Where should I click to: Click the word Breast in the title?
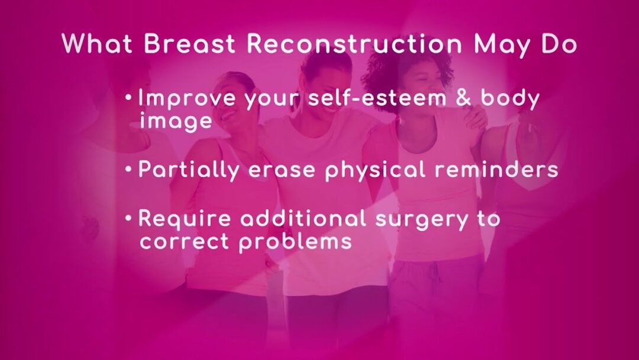(x=189, y=43)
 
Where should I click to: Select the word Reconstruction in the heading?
(x=354, y=43)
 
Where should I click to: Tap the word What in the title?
(x=97, y=43)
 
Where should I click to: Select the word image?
(x=176, y=121)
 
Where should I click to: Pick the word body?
(x=510, y=99)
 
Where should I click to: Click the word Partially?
(x=188, y=169)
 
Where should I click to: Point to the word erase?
(x=282, y=171)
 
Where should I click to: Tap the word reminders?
(x=496, y=169)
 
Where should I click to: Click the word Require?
(x=185, y=218)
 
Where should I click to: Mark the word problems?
(x=295, y=242)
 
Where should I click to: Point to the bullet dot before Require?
(x=129, y=218)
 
